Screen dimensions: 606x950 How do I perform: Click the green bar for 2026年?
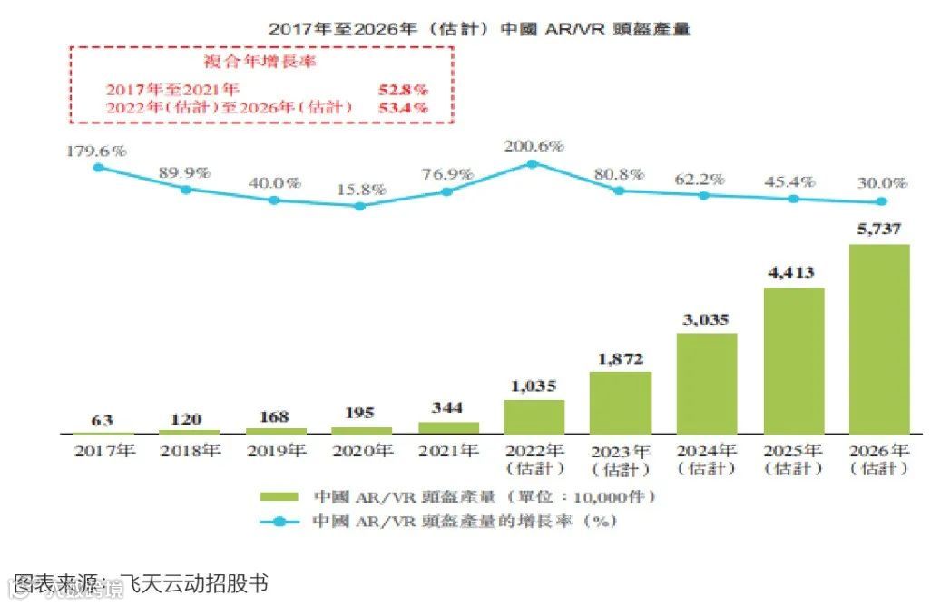click(878, 338)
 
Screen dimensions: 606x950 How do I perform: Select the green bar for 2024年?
click(706, 383)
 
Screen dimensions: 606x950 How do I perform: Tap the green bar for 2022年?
click(534, 416)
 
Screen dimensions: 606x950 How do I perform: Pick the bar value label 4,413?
click(792, 272)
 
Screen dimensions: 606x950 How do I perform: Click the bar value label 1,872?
click(620, 358)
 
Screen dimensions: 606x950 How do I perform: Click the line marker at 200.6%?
click(533, 164)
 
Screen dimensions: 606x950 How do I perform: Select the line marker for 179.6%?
click(98, 167)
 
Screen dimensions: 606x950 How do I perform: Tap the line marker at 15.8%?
click(360, 206)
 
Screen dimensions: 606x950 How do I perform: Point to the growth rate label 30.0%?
click(878, 183)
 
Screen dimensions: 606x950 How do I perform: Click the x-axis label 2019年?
click(275, 451)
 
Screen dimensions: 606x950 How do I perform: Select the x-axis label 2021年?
click(447, 451)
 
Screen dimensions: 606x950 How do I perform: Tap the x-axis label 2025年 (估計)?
click(792, 459)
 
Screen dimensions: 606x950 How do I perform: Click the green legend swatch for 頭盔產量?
click(280, 497)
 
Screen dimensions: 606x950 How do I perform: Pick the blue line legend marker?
click(280, 522)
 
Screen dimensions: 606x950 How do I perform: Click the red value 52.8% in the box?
click(402, 90)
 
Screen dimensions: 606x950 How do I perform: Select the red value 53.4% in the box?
click(402, 107)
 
